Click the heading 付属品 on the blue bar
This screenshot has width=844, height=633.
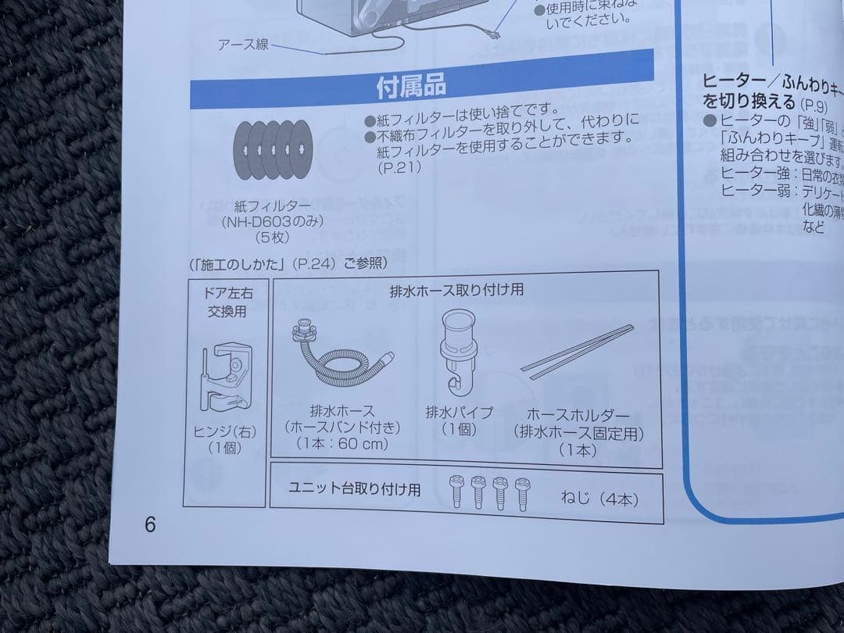(x=411, y=87)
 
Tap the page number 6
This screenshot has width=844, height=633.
(x=150, y=524)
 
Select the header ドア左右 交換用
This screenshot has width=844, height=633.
(x=227, y=302)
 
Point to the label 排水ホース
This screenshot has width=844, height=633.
(x=342, y=411)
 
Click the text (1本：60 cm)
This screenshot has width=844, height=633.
(x=342, y=444)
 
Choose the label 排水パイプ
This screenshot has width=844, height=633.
(x=459, y=412)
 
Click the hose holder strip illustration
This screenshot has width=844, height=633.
(x=578, y=352)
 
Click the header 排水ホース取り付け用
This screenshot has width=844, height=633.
(x=456, y=290)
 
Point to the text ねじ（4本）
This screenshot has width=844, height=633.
(x=599, y=499)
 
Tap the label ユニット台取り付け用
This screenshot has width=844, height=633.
(x=354, y=489)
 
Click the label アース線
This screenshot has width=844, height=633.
(x=243, y=45)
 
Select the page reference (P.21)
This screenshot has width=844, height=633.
(x=400, y=167)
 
